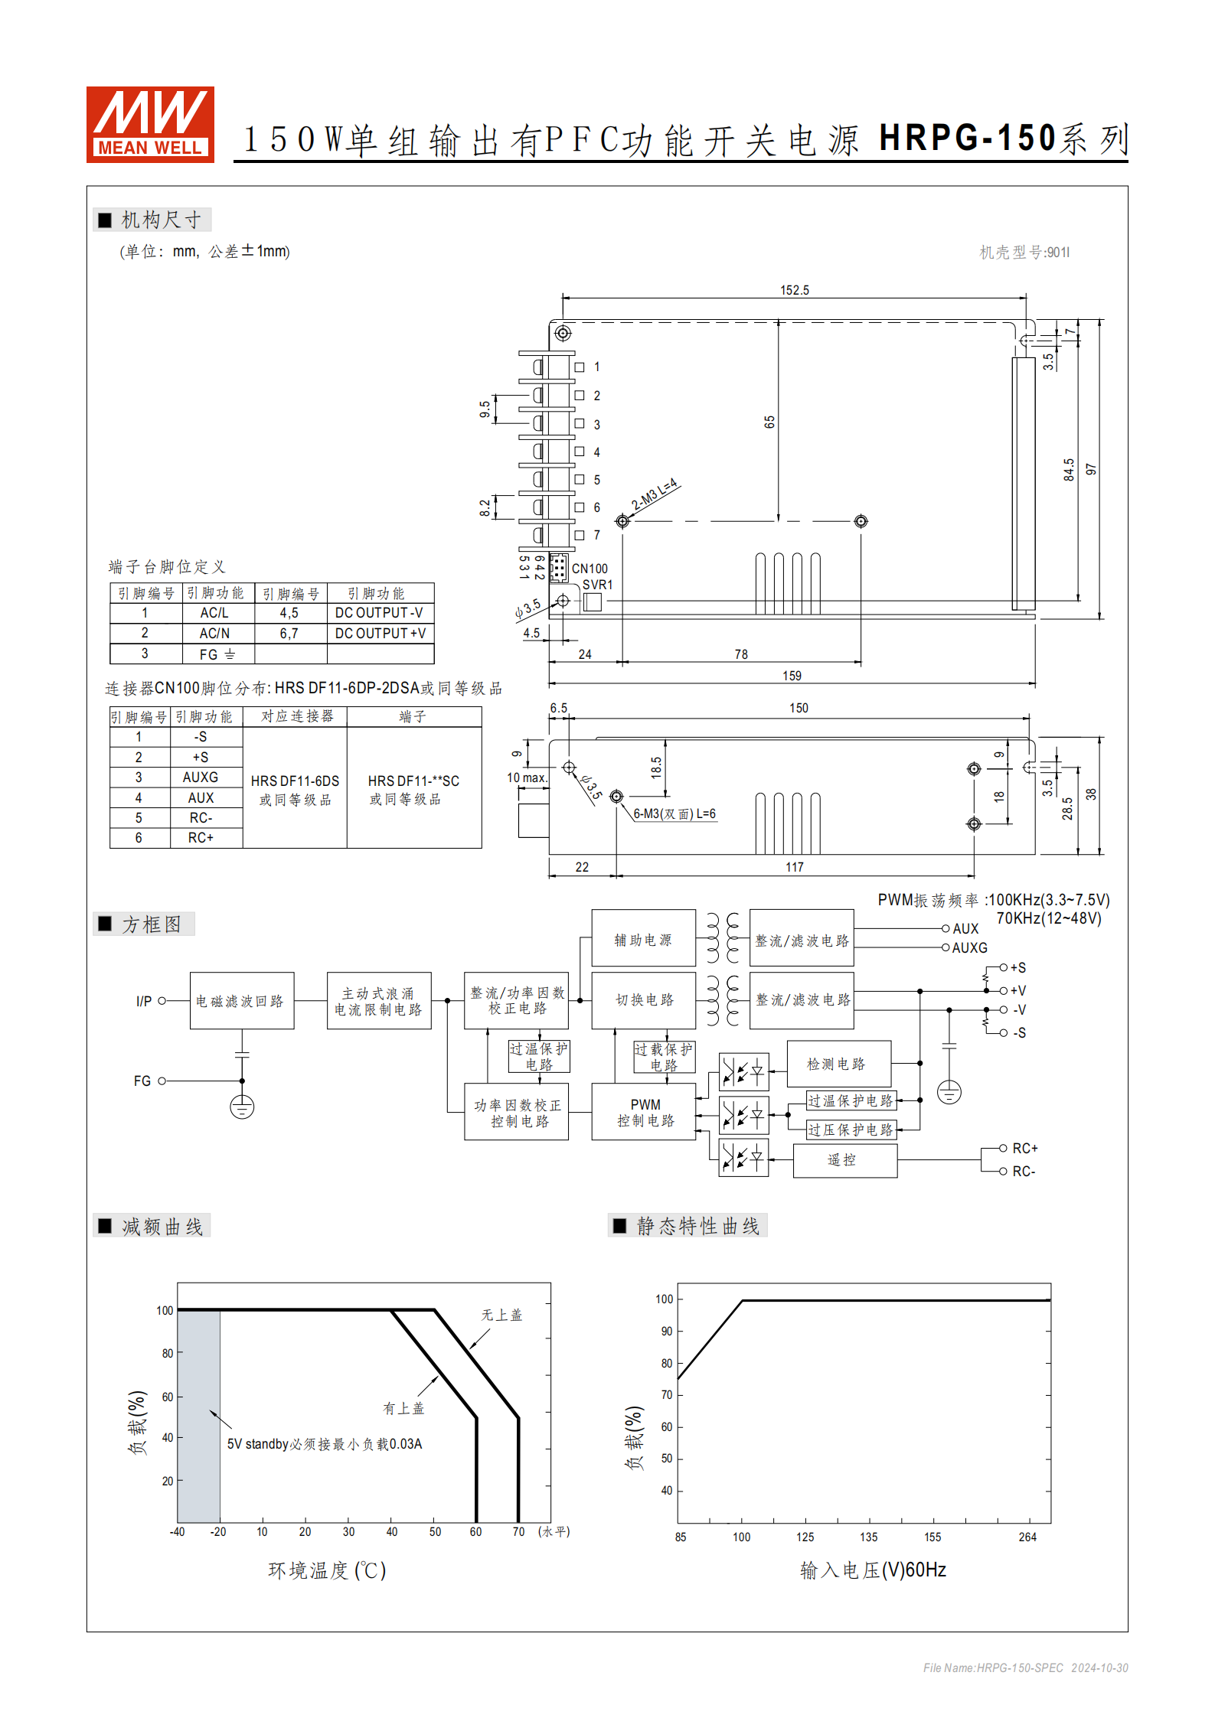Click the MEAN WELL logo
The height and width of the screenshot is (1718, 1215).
pos(150,124)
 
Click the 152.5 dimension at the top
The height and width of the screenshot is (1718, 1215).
pos(794,290)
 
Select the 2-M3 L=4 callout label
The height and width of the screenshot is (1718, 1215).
pos(654,494)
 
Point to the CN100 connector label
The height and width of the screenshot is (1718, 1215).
pos(590,569)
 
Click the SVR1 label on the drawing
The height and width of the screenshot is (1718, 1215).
pos(597,585)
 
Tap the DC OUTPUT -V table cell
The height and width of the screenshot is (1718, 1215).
pos(379,613)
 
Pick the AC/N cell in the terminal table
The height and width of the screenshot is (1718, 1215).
pos(214,633)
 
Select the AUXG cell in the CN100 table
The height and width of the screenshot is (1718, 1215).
pos(201,777)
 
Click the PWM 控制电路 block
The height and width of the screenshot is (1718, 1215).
pos(644,1112)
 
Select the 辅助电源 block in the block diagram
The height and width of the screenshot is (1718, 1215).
pos(643,939)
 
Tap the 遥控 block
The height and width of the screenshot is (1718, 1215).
pos(842,1160)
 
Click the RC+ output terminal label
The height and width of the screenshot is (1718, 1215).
pos(1024,1148)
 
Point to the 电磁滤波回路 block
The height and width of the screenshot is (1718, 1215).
pos(240,1001)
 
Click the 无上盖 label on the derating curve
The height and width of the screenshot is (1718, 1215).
pos(501,1315)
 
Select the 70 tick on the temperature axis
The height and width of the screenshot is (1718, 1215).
pos(518,1531)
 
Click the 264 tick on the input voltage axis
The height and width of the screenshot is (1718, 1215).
pos(1027,1537)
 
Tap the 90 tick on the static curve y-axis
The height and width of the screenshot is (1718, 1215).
pos(667,1331)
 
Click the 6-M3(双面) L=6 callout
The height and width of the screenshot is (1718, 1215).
pos(674,813)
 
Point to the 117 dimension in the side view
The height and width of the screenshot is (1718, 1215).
pos(794,867)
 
